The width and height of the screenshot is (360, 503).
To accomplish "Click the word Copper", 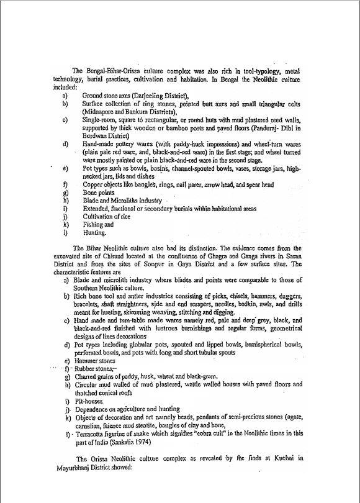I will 94,184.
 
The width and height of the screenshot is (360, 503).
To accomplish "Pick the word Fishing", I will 94,225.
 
